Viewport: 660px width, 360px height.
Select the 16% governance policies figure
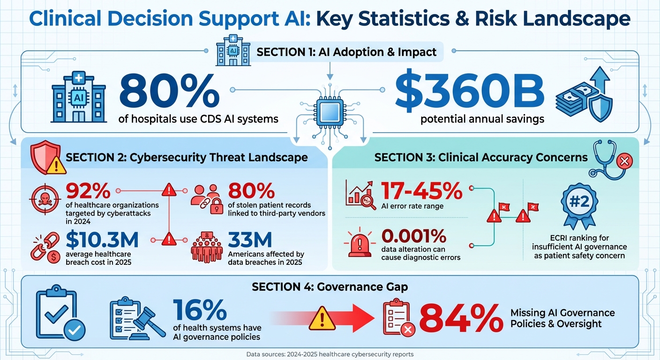point(200,310)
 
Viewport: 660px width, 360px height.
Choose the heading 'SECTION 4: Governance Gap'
point(330,287)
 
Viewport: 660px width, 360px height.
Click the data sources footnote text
point(330,354)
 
